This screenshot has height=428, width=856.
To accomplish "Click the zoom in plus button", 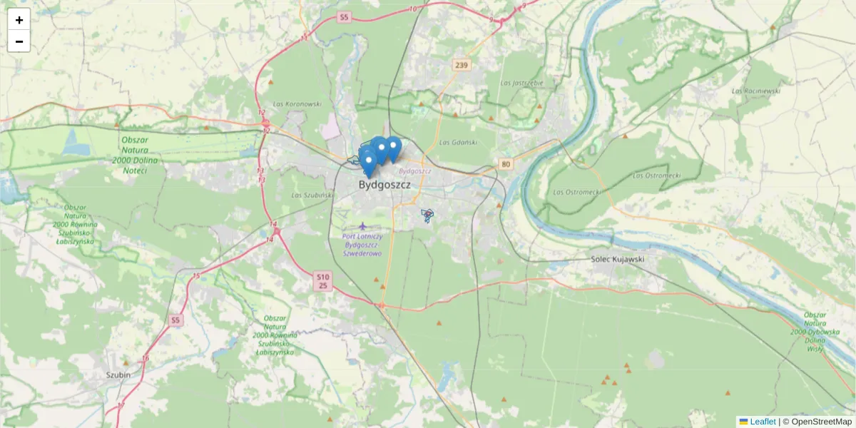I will (x=19, y=20).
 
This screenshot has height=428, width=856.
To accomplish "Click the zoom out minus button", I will (x=19, y=41).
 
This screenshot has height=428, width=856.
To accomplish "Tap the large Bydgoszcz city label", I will (x=384, y=185).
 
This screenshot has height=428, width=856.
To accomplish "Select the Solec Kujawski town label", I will (x=618, y=259).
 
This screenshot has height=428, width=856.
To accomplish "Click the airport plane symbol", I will (x=363, y=226).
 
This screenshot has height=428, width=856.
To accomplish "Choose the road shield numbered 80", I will (x=506, y=164).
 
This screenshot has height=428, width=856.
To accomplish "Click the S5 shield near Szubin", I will (x=175, y=321).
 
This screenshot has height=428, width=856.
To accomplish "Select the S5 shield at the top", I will (x=345, y=17).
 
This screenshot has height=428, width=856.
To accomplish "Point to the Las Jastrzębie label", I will (x=522, y=83).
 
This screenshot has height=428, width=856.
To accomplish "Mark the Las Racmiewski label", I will (x=756, y=91).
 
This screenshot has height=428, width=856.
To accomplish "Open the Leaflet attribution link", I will (x=762, y=422).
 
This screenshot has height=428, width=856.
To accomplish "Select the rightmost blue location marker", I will (x=392, y=148).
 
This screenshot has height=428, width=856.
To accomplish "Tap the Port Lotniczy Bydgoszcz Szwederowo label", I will (x=362, y=245).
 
